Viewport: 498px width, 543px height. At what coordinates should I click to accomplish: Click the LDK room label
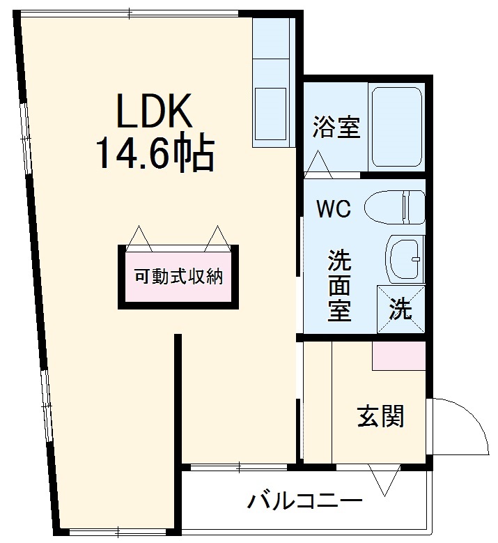(153, 111)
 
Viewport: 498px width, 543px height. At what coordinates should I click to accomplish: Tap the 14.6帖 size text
(153, 153)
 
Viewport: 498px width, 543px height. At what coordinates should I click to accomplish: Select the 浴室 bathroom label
(336, 127)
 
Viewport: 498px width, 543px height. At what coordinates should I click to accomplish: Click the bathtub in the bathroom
(396, 127)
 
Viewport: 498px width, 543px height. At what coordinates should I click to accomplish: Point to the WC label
(334, 208)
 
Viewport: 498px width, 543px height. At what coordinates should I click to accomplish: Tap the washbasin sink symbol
(404, 259)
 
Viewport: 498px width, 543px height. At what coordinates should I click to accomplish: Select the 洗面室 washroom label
(340, 286)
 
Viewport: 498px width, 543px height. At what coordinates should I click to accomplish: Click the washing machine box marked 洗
(400, 307)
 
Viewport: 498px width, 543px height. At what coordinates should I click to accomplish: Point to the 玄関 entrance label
(380, 416)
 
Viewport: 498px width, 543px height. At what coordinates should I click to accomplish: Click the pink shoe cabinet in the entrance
(398, 356)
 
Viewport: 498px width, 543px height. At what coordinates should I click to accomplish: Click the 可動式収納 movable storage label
(178, 276)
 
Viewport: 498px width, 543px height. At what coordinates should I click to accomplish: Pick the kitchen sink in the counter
(271, 116)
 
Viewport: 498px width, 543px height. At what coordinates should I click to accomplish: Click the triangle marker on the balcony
(384, 480)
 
